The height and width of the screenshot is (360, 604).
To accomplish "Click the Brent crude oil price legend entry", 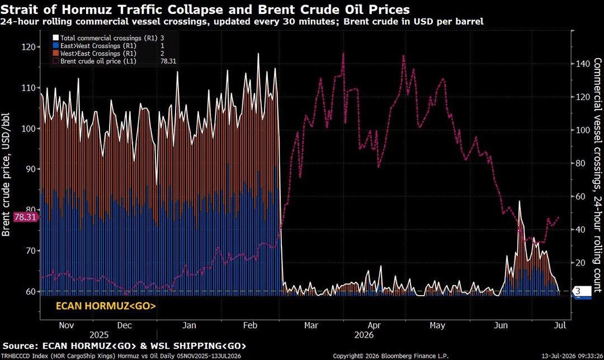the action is pos(114,61).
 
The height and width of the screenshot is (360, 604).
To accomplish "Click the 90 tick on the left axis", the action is pos(29,169).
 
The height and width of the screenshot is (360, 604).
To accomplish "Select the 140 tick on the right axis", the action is pos(583,64).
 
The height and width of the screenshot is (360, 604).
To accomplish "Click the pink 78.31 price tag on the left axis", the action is pos(25,217).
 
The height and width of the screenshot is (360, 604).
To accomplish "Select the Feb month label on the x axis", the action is pos(250,325).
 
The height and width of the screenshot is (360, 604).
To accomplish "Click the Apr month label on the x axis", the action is pos(374,325).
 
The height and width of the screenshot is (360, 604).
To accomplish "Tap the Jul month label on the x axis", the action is pos(560,325).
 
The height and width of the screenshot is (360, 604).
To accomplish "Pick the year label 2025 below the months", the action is pos(99,335).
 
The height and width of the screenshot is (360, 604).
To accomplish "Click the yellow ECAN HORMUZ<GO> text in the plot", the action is pos(106,306).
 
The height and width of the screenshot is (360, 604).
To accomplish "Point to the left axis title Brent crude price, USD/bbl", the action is pos(6,174).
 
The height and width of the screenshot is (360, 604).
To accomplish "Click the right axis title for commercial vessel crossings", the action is pos(597,175).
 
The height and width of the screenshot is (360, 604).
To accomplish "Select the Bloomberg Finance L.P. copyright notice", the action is pos(390,356).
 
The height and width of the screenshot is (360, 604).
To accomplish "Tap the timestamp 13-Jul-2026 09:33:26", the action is pos(573,356).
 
